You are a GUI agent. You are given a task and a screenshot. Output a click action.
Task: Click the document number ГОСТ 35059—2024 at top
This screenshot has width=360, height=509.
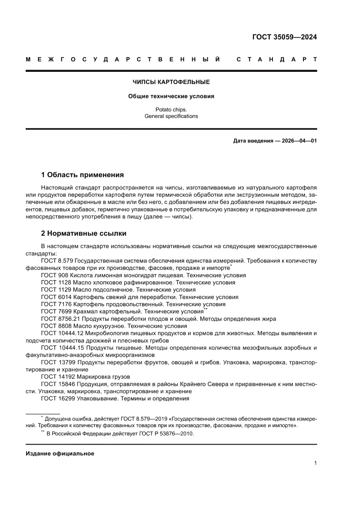point(285,37)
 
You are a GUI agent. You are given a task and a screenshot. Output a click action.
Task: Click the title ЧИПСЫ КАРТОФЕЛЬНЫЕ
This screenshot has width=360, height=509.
point(171,82)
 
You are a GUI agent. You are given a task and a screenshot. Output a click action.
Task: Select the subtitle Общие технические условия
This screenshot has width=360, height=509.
point(171,96)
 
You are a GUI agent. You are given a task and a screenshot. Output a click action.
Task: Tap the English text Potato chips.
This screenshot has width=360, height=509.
point(171,110)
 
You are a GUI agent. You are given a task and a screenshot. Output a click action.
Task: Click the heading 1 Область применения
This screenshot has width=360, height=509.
point(82,175)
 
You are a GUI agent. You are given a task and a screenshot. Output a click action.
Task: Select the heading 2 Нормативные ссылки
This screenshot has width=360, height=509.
point(84,233)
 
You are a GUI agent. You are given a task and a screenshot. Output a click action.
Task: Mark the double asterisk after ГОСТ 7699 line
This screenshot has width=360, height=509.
point(206,310)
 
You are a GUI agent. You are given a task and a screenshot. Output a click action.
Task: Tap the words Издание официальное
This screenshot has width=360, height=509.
point(60,453)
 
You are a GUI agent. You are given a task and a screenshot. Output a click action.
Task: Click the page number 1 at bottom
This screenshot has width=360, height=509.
point(315,463)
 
